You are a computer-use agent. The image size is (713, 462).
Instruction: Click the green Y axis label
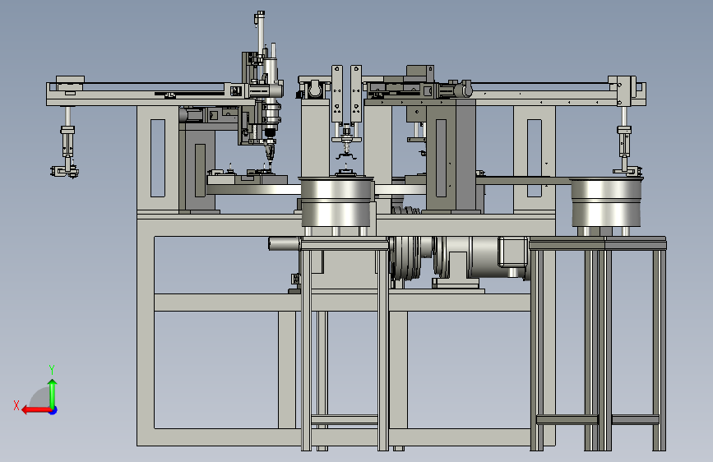point(52,370)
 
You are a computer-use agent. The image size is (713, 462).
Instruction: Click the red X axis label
point(16,405)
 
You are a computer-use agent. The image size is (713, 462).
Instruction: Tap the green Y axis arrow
point(53,394)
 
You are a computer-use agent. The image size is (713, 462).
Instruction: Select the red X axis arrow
point(37,410)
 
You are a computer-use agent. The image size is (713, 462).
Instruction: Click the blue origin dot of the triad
point(53,410)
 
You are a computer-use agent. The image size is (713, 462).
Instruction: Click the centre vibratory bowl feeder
point(337,201)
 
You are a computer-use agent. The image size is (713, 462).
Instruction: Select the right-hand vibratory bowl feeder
point(606,202)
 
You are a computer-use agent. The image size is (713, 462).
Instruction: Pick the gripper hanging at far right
point(626,150)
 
